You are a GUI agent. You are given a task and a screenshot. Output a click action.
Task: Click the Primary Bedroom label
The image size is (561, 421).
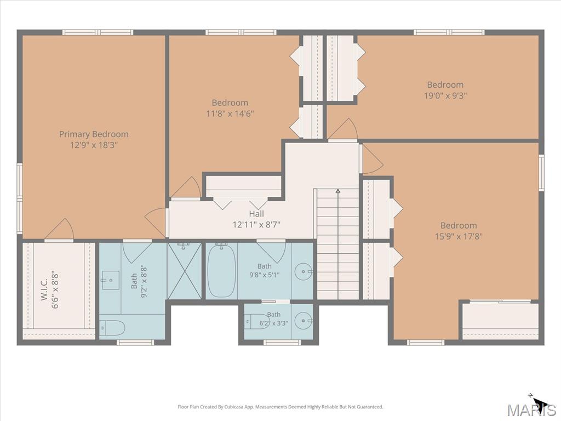tap(94, 134)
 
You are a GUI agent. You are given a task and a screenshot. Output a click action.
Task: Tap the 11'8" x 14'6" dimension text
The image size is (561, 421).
tap(230, 114)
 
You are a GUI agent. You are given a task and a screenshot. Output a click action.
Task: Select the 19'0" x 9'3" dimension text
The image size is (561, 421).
tap(445, 95)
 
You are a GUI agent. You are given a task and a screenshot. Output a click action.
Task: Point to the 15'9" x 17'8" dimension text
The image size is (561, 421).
tap(459, 236)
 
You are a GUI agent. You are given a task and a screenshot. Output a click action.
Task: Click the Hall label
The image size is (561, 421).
tap(256, 214)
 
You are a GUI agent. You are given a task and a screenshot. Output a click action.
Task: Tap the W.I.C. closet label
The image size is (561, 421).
tap(44, 290)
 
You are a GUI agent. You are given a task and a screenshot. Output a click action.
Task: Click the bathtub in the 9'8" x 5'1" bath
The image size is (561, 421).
tap(221, 270)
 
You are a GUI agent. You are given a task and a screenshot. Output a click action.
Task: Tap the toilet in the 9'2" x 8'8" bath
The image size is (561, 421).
tap(112, 328)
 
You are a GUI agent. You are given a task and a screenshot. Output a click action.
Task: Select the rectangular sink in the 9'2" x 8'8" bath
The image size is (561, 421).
tap(111, 280)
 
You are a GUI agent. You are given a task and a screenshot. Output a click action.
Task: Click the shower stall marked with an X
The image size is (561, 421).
tap(184, 271)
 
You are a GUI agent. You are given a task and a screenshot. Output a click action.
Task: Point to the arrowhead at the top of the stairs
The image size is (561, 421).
tap(337, 191)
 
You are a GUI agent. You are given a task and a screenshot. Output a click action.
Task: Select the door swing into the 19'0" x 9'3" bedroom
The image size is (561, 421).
tap(342, 129)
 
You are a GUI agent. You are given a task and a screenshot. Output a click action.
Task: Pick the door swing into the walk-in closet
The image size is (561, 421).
tap(59, 229)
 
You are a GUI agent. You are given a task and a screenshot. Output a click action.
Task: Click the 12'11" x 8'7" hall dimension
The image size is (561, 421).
tap(256, 225)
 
